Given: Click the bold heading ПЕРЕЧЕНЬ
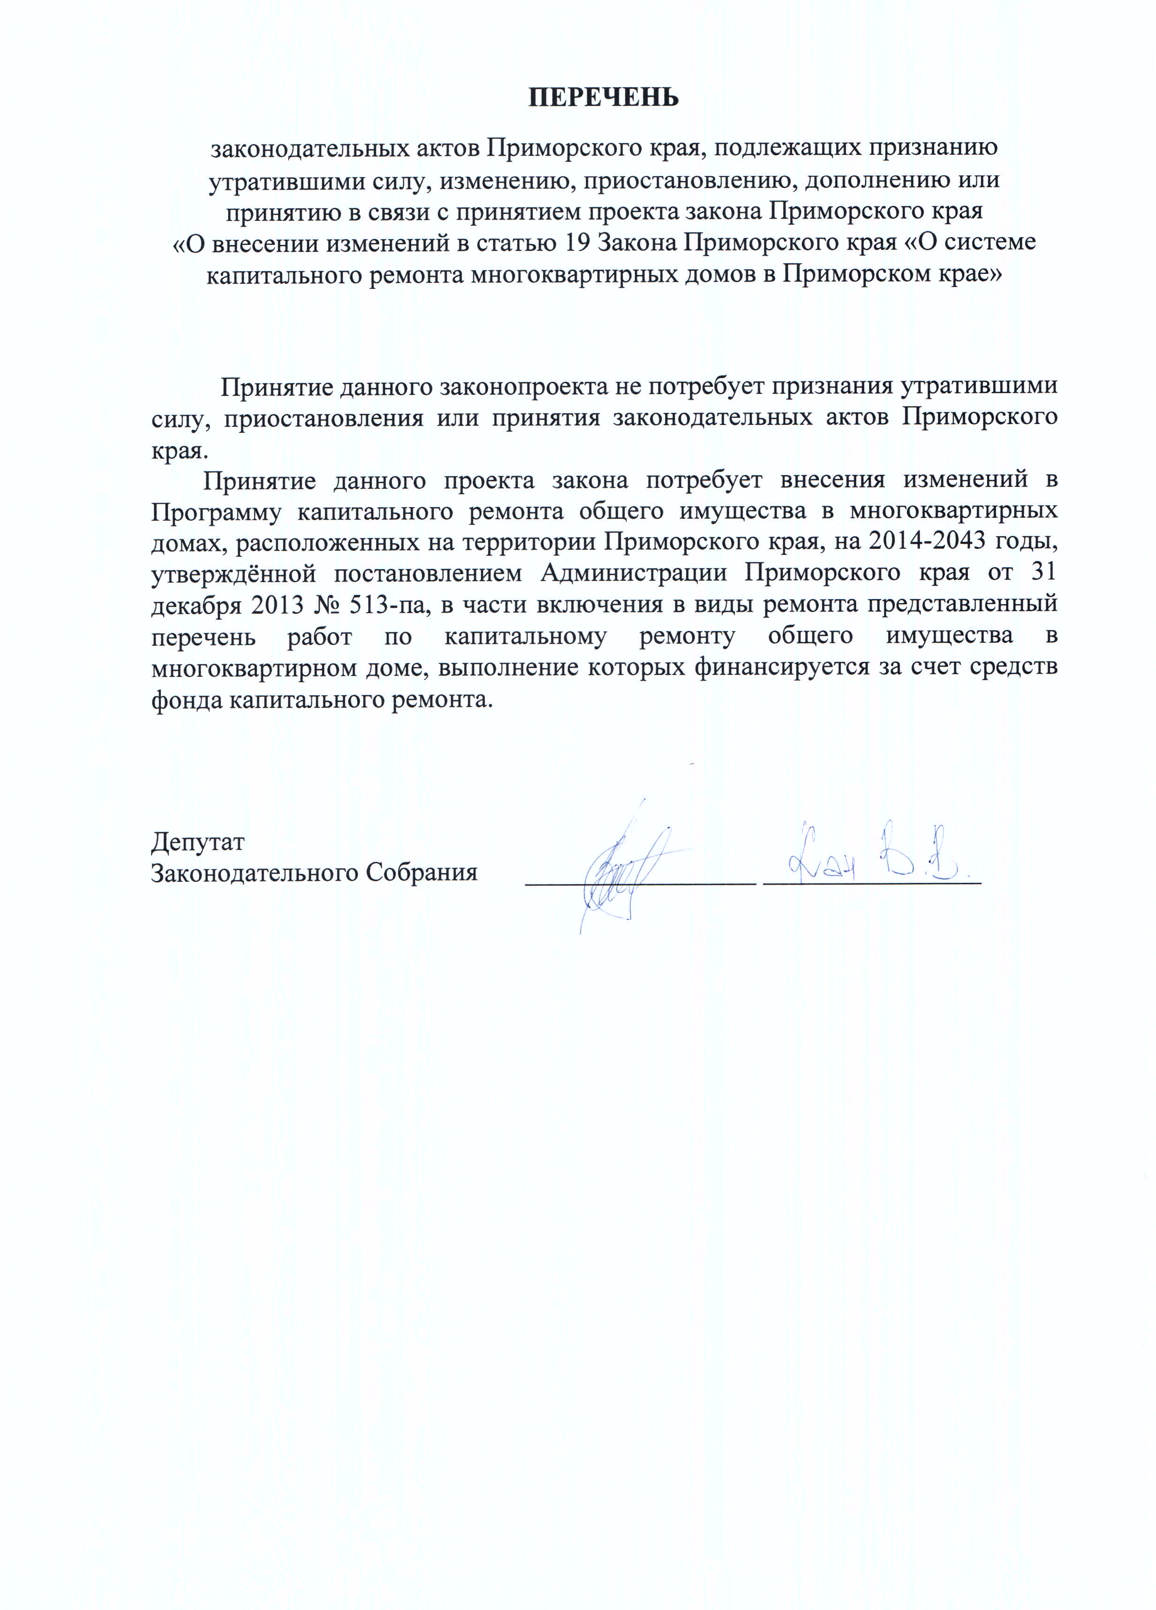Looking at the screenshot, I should click(603, 97).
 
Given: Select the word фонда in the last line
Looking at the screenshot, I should click(187, 700).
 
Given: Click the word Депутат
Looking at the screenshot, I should click(198, 843).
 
